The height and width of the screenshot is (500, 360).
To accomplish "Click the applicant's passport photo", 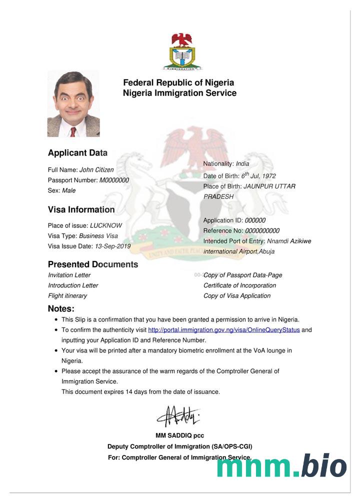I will (x=73, y=104).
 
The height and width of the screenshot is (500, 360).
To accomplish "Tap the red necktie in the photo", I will (x=73, y=131).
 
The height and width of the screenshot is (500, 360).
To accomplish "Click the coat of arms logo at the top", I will (x=181, y=51).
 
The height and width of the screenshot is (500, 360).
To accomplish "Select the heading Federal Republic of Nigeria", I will (x=178, y=82).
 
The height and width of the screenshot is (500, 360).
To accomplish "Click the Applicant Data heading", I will (x=77, y=153).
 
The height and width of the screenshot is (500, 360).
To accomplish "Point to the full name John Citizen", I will (x=96, y=170).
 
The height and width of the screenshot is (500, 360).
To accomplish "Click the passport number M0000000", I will (x=114, y=180).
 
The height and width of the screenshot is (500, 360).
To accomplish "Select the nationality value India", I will (x=242, y=163).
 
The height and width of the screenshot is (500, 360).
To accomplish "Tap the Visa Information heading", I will (x=81, y=209).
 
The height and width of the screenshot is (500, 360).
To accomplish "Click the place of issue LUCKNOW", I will (x=105, y=225).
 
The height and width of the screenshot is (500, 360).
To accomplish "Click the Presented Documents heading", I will (x=93, y=264).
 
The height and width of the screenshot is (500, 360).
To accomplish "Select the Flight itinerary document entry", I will (x=67, y=295).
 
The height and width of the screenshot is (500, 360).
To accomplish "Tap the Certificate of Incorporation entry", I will (x=239, y=285).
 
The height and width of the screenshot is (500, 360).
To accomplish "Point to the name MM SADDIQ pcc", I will (x=179, y=435).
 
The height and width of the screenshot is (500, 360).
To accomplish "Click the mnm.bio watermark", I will (x=281, y=466).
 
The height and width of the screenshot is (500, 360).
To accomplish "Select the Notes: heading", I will (x=61, y=308).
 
